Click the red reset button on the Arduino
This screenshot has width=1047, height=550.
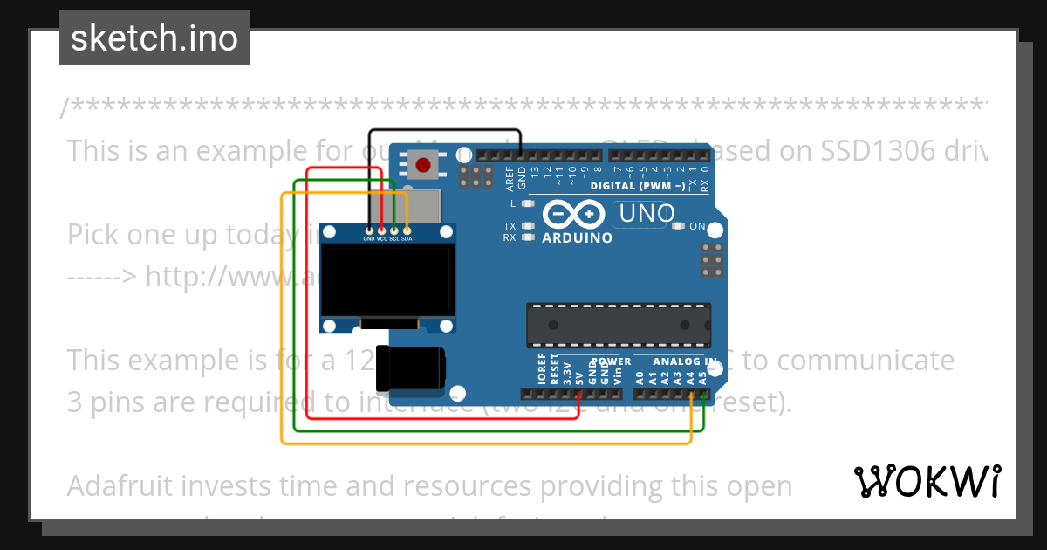pyautogui.click(x=424, y=163)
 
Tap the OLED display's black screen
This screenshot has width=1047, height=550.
pyautogui.click(x=387, y=279)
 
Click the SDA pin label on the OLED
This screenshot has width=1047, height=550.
pyautogui.click(x=407, y=238)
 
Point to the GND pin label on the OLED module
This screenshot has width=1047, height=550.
pyautogui.click(x=369, y=238)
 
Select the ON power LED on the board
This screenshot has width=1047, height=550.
pyautogui.click(x=681, y=226)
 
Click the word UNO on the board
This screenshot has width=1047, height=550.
pyautogui.click(x=643, y=213)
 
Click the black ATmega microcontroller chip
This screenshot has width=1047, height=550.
pyautogui.click(x=618, y=324)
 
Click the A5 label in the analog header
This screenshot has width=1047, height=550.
pyautogui.click(x=703, y=377)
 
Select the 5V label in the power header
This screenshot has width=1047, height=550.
pyautogui.click(x=579, y=378)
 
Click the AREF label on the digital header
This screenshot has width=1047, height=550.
pyautogui.click(x=510, y=176)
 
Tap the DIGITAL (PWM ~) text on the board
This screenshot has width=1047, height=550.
pyautogui.click(x=638, y=186)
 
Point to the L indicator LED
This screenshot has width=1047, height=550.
pyautogui.click(x=525, y=203)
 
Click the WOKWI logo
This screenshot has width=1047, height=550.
pyautogui.click(x=927, y=481)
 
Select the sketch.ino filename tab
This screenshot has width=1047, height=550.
pyautogui.click(x=154, y=38)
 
